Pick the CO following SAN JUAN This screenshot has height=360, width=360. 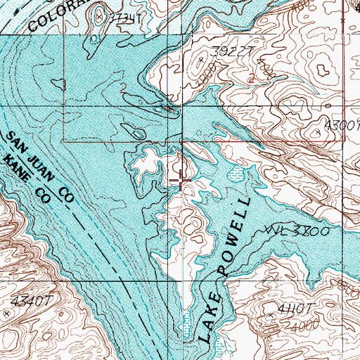[x=66, y=195]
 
